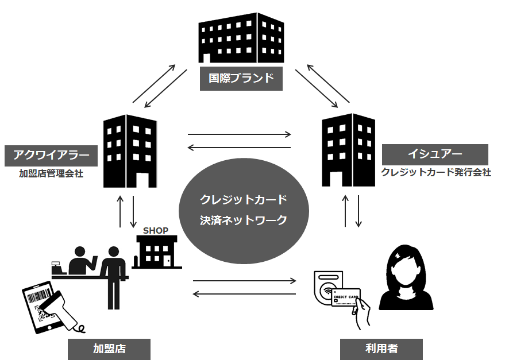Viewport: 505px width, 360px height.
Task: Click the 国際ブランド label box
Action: tap(241, 78)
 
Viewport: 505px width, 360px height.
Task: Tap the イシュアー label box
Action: tap(434, 154)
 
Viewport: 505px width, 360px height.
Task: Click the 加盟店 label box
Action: tap(109, 349)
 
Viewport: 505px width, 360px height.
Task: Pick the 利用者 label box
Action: tap(381, 349)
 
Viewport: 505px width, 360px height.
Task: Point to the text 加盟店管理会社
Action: tap(51, 172)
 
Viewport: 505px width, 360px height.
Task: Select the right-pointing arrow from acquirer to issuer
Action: tap(240, 135)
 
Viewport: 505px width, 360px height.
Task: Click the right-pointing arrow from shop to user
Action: tap(245, 281)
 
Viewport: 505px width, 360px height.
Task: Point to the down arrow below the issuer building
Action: tap(358, 212)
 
